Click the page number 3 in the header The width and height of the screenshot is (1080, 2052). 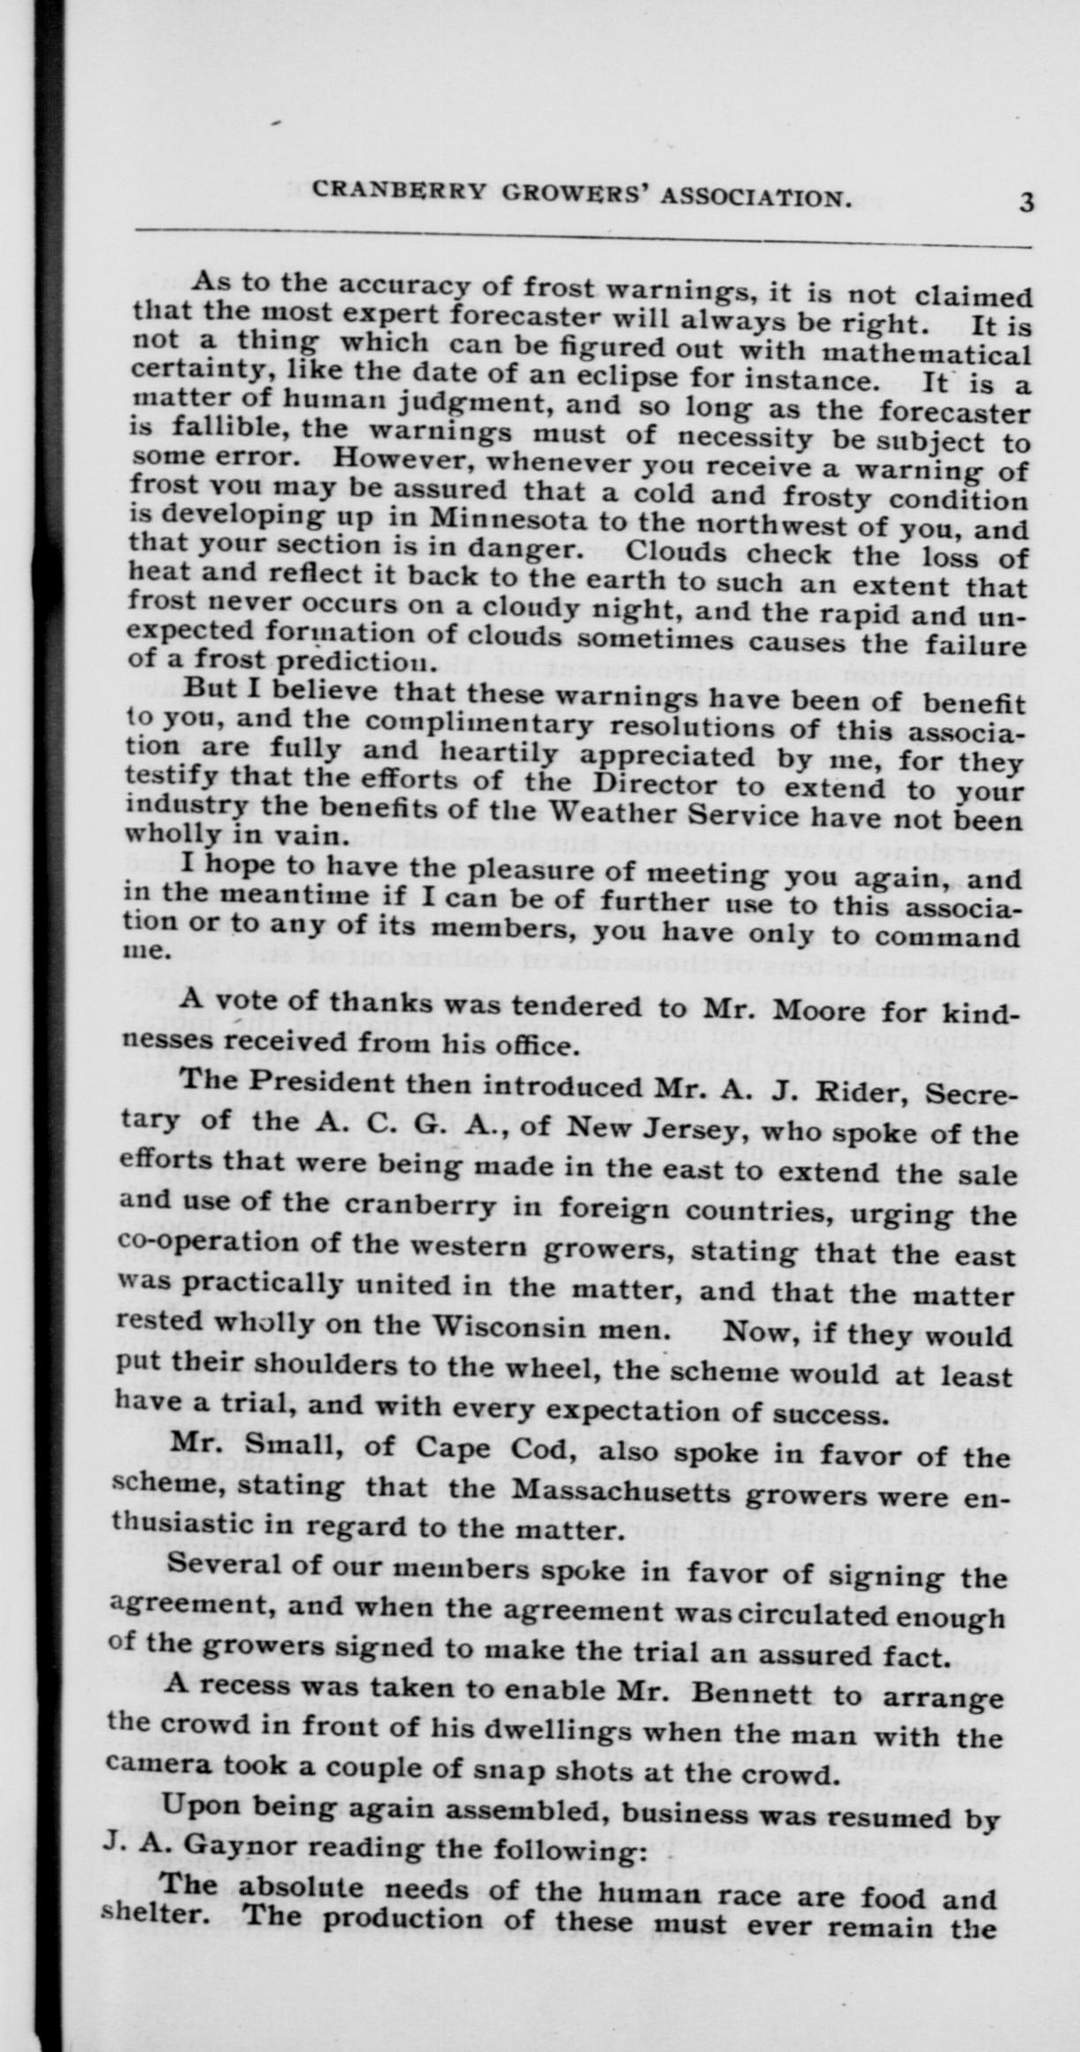click(x=1026, y=202)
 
